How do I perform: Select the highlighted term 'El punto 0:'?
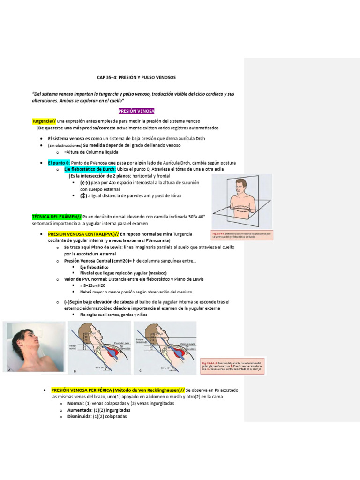click(x=59, y=162)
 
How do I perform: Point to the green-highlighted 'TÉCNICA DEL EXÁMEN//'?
click(x=56, y=217)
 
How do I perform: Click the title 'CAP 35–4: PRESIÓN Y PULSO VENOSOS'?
click(x=136, y=77)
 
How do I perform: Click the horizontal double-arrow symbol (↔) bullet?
click(x=84, y=182)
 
